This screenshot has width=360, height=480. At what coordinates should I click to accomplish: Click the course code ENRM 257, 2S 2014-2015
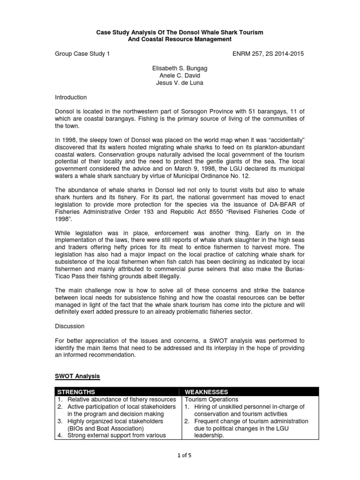(268, 54)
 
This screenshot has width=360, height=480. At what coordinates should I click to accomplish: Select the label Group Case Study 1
(82, 54)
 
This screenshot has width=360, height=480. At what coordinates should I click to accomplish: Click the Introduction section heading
(71, 97)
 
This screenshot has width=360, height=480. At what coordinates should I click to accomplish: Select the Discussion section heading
(70, 326)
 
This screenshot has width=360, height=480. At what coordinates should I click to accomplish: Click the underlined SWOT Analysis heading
(77, 376)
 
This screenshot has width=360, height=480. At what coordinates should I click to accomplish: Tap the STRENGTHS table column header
(76, 392)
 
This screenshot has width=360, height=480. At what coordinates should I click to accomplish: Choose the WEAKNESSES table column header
(207, 392)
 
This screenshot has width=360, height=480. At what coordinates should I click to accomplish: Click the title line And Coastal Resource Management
(180, 39)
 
